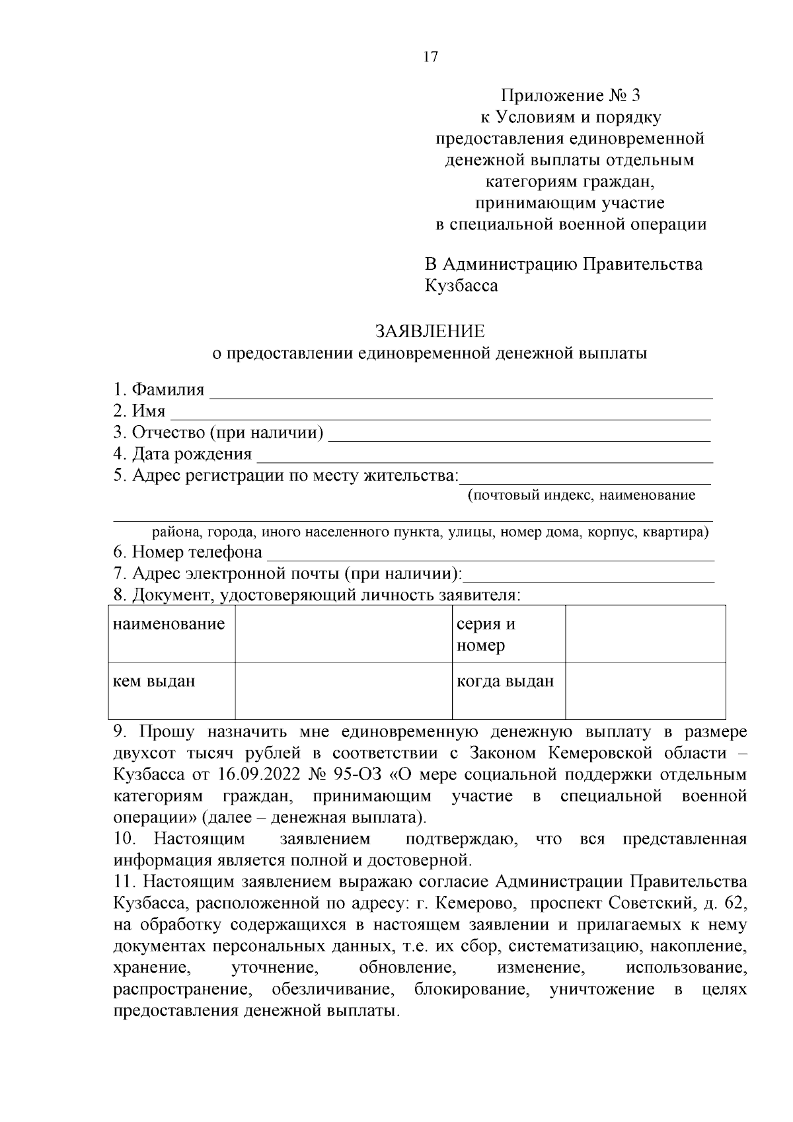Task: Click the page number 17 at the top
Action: [430, 58]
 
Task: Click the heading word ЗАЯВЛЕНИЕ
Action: [430, 331]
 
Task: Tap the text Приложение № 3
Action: [570, 96]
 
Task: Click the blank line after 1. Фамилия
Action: [461, 391]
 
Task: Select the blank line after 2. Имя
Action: [440, 413]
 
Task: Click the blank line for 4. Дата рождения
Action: [484, 456]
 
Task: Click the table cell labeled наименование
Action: [169, 624]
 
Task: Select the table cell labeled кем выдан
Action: [155, 681]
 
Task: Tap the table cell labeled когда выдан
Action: [506, 681]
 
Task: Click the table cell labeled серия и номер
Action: [486, 634]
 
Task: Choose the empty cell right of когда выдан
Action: [645, 690]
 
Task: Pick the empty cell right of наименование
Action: [344, 633]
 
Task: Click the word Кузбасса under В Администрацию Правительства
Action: [461, 286]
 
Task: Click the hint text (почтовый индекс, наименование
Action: [582, 495]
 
